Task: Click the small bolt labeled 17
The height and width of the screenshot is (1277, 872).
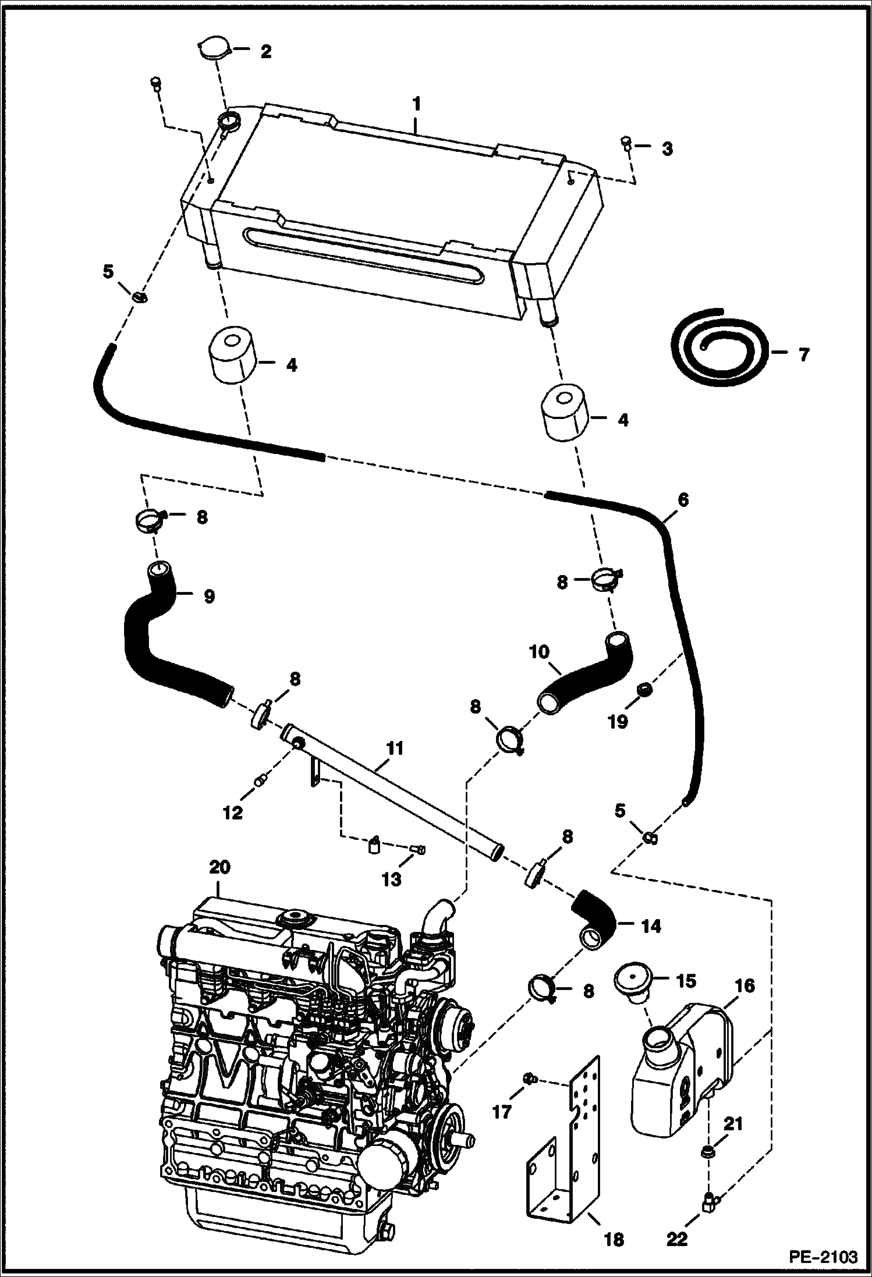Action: pos(529,1080)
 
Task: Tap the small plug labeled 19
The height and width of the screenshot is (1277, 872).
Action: pos(644,690)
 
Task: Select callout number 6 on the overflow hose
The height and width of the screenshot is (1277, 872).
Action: pos(683,500)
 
